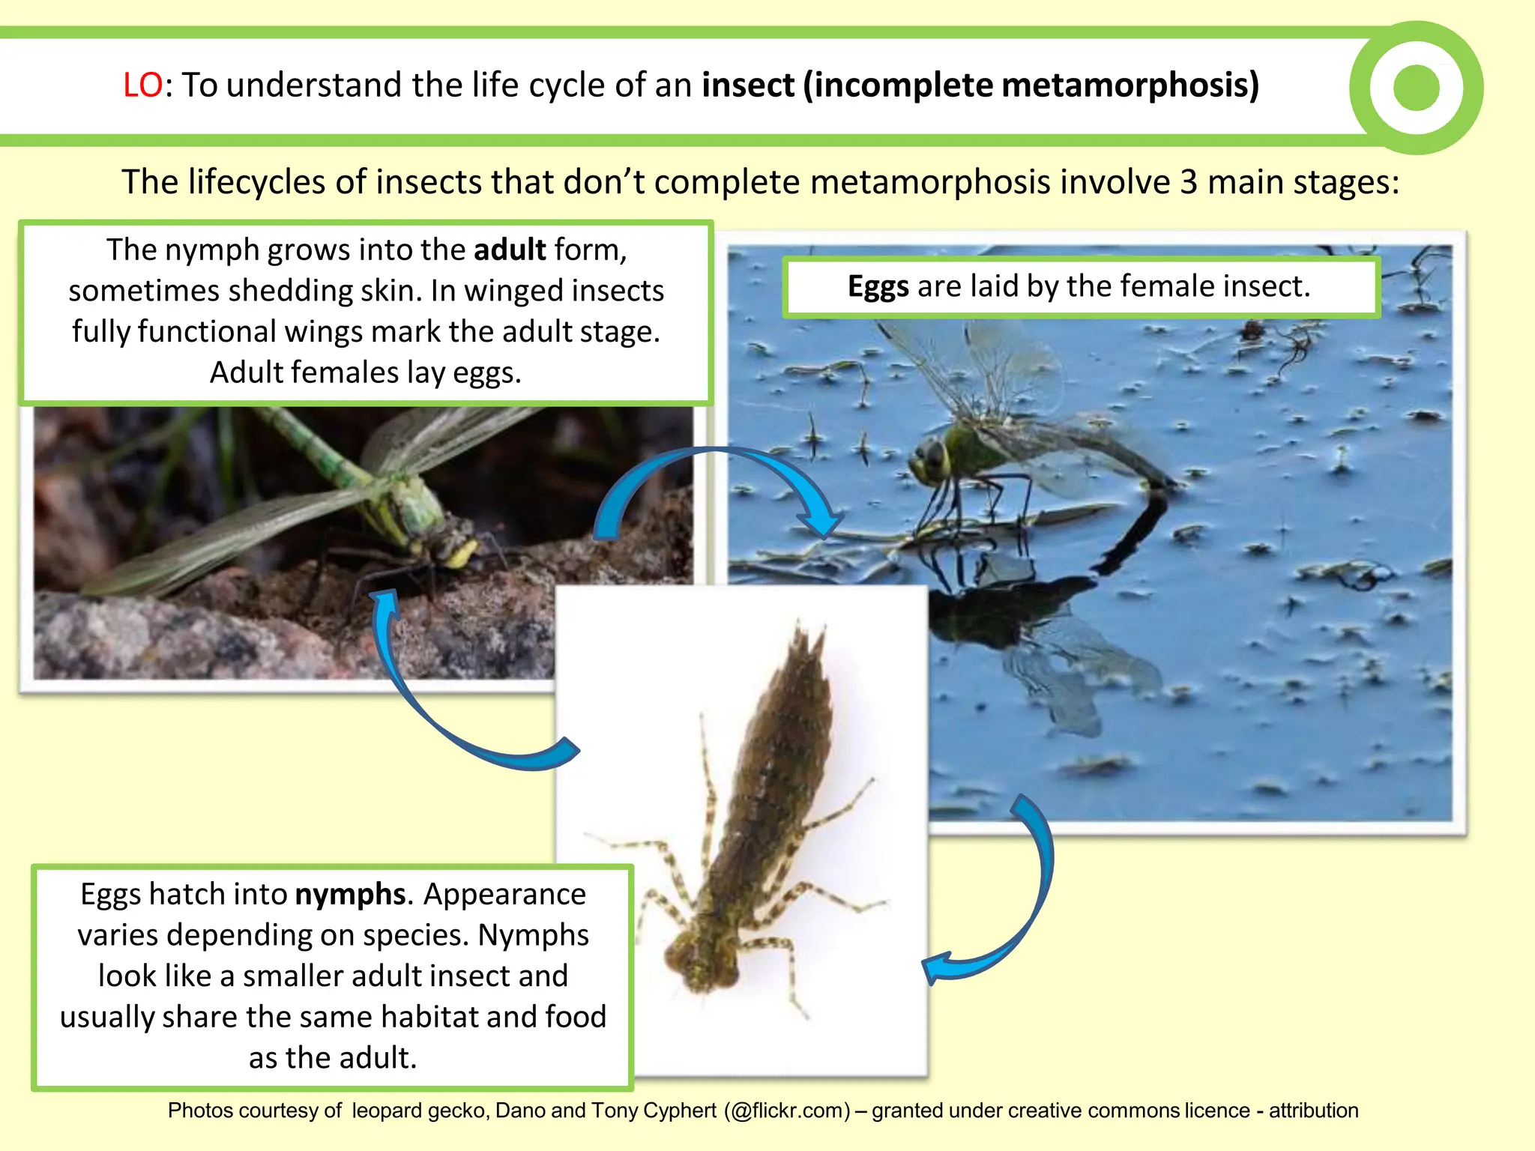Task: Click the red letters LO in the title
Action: [142, 85]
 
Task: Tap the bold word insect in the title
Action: [747, 85]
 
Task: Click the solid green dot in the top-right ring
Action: [1416, 88]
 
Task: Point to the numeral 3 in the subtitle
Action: [1189, 182]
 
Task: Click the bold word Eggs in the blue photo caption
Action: [878, 286]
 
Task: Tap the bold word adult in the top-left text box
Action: [510, 250]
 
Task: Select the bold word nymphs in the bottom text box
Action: [350, 894]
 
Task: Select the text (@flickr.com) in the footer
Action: [787, 1111]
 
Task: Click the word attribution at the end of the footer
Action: [1313, 1111]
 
